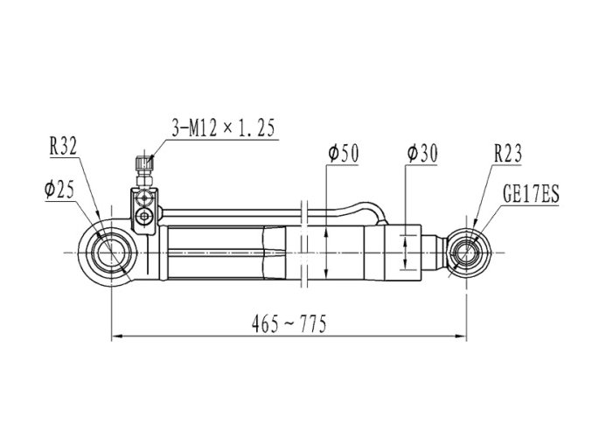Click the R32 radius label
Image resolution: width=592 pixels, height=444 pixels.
(x=63, y=146)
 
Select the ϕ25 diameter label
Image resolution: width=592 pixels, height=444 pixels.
(x=59, y=189)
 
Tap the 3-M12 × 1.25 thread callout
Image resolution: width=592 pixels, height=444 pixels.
(x=223, y=128)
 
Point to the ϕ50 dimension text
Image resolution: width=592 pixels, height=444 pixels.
(x=344, y=154)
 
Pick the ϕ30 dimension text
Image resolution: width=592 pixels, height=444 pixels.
(x=422, y=154)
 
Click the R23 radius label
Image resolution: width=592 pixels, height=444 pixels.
(x=508, y=153)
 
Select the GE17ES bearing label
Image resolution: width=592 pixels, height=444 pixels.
(x=531, y=194)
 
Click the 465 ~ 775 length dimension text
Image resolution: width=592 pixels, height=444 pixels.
(x=289, y=324)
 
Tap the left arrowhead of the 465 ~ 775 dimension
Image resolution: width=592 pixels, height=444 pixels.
(x=116, y=336)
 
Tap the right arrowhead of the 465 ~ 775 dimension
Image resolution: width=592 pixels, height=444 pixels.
(x=462, y=336)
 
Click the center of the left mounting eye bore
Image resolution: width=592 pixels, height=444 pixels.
(x=111, y=253)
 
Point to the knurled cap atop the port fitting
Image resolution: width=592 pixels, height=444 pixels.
(x=144, y=163)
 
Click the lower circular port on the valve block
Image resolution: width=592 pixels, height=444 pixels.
(x=144, y=217)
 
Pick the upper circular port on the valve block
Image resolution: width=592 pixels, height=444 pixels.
(x=144, y=198)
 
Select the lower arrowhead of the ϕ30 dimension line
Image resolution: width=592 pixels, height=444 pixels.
(x=405, y=265)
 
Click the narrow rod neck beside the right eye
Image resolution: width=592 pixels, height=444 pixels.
(x=435, y=253)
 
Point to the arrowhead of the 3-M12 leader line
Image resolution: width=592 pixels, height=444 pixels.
(x=151, y=161)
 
